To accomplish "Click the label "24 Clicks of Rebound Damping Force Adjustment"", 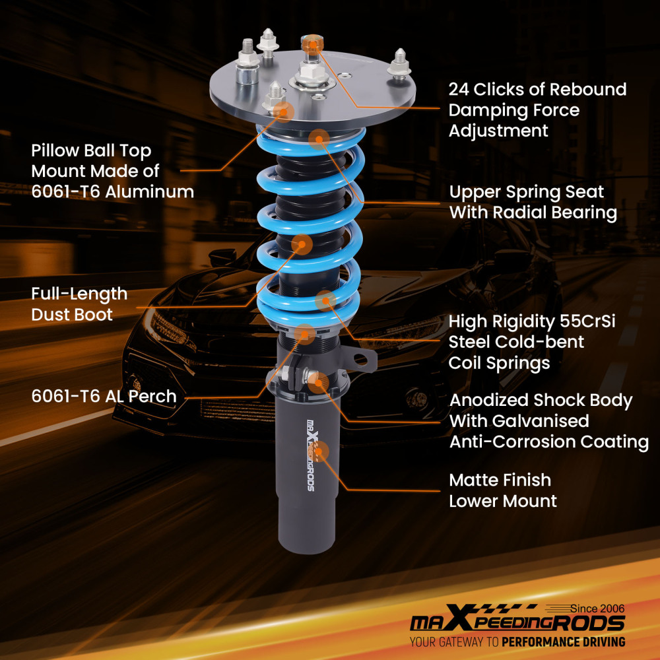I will click(537, 110).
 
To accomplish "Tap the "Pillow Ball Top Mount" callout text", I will click(112, 172).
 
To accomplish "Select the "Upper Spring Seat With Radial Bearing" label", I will click(533, 203).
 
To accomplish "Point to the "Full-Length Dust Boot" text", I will click(79, 304).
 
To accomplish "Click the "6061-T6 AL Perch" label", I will click(104, 397).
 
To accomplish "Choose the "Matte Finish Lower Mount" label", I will click(502, 490).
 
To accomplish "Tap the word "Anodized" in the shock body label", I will click(489, 401).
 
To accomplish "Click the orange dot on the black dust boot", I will click(302, 244).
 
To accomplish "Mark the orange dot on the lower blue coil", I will click(324, 301).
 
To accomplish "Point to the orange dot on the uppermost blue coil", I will click(319, 138).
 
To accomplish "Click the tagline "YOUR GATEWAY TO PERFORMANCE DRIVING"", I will click(517, 642).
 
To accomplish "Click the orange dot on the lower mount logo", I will click(319, 449).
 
